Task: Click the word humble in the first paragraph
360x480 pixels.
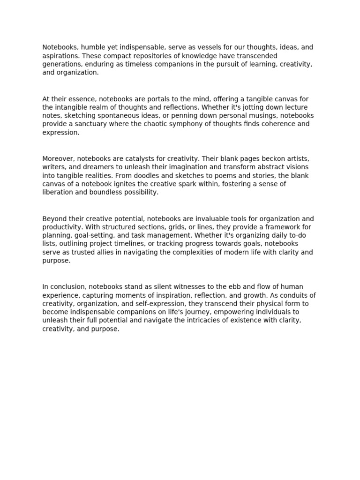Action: coord(90,47)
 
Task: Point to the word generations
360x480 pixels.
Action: coord(61,64)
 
